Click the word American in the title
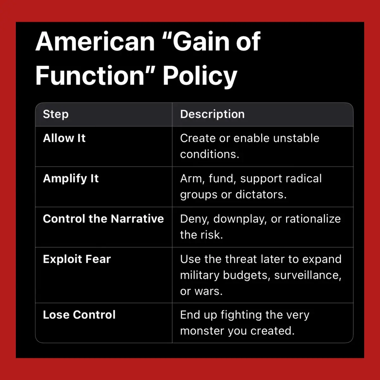point(95,42)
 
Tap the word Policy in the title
point(200,76)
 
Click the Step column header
point(56,114)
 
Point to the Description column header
point(212,114)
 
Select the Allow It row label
point(64,138)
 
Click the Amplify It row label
point(71,179)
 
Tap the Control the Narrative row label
point(103,218)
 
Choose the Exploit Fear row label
point(77,259)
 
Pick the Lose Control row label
point(79,314)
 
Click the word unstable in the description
point(296,138)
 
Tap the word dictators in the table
point(261,194)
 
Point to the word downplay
point(240,219)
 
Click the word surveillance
point(307,275)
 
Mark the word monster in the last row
point(202,331)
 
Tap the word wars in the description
point(208,291)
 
